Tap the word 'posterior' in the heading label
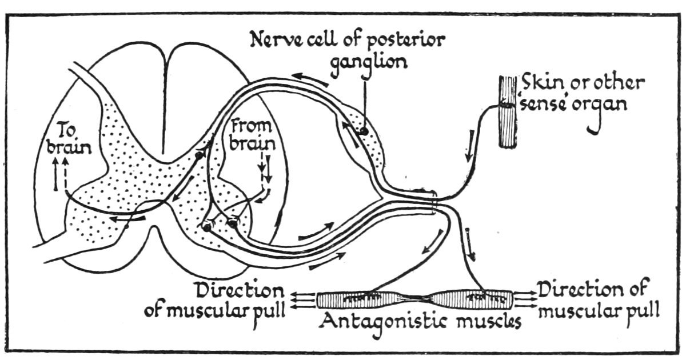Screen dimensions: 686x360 (406, 41)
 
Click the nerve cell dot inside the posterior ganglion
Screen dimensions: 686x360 (364, 131)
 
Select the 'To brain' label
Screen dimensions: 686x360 (69, 139)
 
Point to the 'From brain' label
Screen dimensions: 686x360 (252, 135)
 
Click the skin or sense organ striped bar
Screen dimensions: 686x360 (508, 112)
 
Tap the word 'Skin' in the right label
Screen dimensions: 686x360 (541, 83)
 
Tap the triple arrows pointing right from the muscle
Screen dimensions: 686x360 (524, 299)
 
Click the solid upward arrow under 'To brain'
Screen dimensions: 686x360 (56, 174)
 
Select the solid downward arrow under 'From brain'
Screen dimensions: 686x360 (268, 169)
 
